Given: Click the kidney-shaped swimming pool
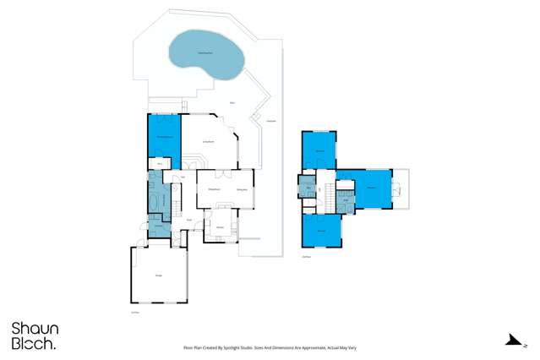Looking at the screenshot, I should [x=206, y=54].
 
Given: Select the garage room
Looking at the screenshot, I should [x=158, y=275].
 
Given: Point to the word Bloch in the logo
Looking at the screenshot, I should [x=33, y=344].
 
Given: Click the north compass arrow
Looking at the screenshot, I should [x=512, y=341].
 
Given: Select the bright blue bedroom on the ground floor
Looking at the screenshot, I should [x=164, y=135].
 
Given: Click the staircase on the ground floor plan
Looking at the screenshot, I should [x=177, y=204].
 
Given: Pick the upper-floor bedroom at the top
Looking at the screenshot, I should [x=320, y=151].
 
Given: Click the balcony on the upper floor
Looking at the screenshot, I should [x=401, y=189].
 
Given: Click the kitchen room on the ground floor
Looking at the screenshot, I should [x=220, y=226].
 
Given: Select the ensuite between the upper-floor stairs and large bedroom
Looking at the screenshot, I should [x=345, y=199].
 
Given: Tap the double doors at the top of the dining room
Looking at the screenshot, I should [x=221, y=173].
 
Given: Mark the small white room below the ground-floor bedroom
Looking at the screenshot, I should [x=158, y=163].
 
